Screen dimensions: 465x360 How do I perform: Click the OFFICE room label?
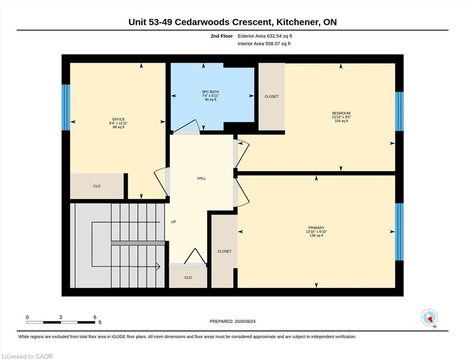pos(118,120)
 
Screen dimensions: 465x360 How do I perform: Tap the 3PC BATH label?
pos(210,92)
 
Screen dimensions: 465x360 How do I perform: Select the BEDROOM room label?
pos(341,113)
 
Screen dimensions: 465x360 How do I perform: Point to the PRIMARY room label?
pos(316,228)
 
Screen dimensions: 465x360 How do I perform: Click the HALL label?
pos(201,179)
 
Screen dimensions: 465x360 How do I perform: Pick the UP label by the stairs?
pos(173,222)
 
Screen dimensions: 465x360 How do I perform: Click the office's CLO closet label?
pos(97,186)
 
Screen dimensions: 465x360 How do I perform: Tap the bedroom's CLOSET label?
pos(272,97)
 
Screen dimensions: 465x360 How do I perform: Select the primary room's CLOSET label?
pos(224,251)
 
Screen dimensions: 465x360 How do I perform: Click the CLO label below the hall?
pos(188,278)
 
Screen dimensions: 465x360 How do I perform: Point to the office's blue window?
pos(66,107)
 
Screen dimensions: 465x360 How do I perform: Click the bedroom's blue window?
pos(399,111)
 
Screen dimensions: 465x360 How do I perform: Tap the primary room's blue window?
pos(399,232)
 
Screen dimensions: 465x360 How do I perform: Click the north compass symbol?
pos(429,318)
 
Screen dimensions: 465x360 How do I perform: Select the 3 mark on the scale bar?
pos(60,317)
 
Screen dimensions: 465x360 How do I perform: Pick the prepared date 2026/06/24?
pos(245,322)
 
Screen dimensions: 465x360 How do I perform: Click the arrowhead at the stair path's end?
pos(158,267)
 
